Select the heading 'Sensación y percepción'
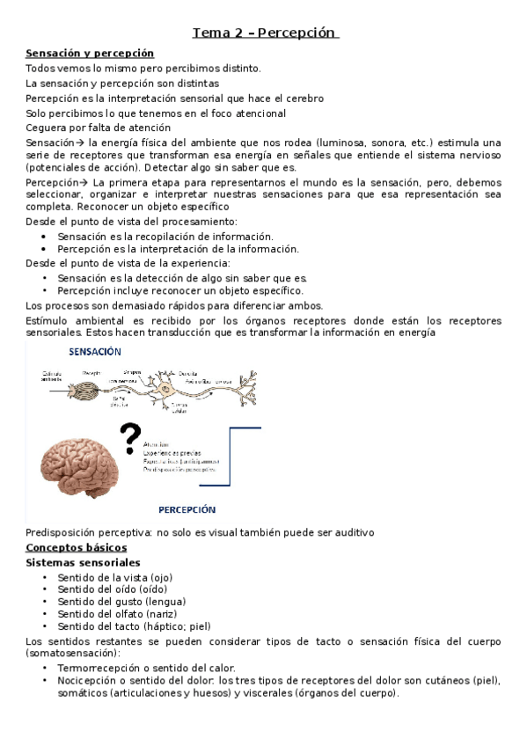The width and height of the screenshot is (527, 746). pyautogui.click(x=90, y=54)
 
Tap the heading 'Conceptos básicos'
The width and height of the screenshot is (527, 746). pyautogui.click(x=77, y=547)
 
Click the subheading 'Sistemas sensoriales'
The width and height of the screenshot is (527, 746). pyautogui.click(x=83, y=562)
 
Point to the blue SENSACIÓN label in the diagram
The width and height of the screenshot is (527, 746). pyautogui.click(x=94, y=351)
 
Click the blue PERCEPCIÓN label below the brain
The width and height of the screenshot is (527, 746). pyautogui.click(x=187, y=509)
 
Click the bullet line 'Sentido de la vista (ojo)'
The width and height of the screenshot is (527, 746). pyautogui.click(x=108, y=576)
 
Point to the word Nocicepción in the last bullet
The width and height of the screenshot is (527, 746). pyautogui.click(x=87, y=681)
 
